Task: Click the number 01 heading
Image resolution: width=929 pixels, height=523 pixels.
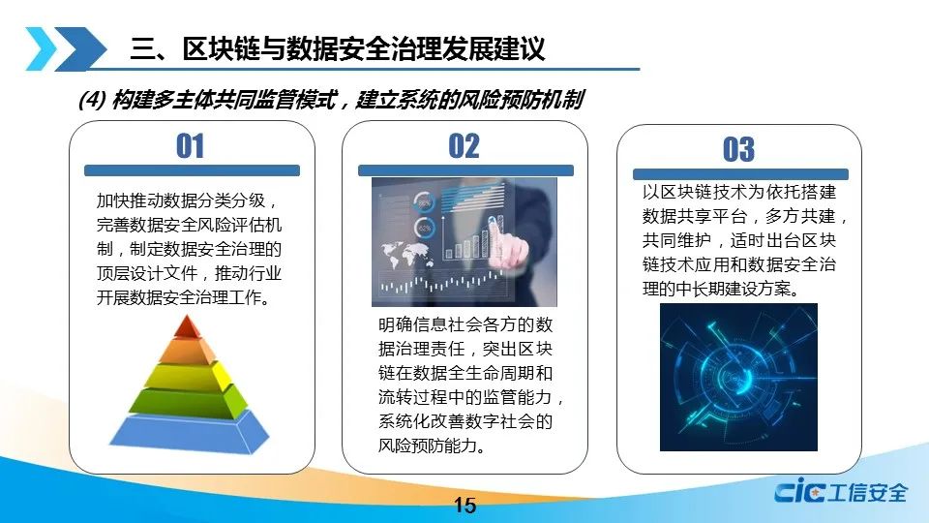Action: [x=191, y=146]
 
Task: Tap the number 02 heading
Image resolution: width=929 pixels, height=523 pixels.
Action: [x=464, y=146]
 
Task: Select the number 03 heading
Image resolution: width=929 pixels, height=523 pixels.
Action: [x=738, y=149]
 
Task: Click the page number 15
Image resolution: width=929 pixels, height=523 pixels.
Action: [x=464, y=506]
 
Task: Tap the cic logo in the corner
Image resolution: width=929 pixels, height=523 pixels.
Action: [x=841, y=491]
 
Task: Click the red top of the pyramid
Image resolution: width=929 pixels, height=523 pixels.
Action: [x=188, y=327]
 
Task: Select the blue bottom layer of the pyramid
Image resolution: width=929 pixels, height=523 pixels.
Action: [x=189, y=432]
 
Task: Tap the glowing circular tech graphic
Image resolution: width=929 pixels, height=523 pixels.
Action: [x=738, y=377]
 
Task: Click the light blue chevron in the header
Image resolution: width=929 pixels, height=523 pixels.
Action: [x=42, y=48]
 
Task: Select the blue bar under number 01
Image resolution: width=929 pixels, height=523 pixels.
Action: [x=192, y=170]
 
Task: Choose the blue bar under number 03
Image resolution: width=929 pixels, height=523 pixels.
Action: [x=740, y=174]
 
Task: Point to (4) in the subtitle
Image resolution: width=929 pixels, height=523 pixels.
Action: [x=92, y=100]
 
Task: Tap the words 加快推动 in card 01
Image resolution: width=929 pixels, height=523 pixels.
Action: [x=130, y=200]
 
